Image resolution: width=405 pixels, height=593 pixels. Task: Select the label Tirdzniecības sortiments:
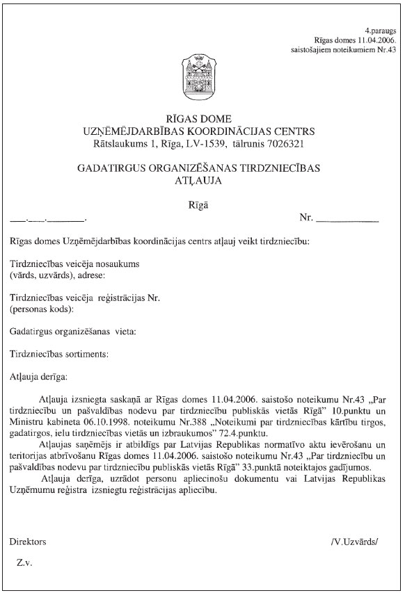click(59, 353)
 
